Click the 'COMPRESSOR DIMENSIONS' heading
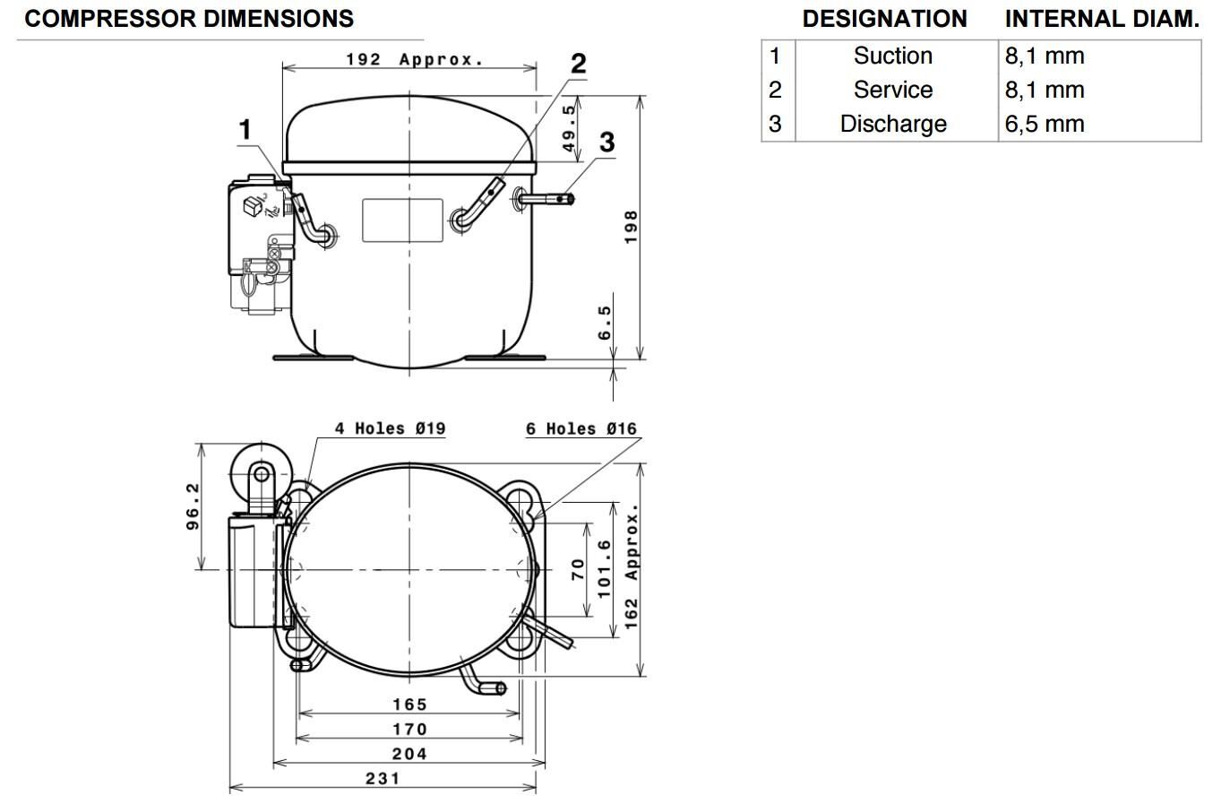(x=189, y=19)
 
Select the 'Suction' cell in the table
(x=893, y=56)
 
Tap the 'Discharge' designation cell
(x=893, y=125)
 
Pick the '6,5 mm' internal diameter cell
(x=1045, y=125)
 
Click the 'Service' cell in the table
(x=893, y=91)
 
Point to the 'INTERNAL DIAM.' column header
(x=1102, y=19)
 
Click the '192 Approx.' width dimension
(x=415, y=59)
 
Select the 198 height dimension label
(x=631, y=227)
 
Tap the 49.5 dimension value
(x=570, y=128)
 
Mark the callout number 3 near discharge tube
(x=606, y=143)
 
